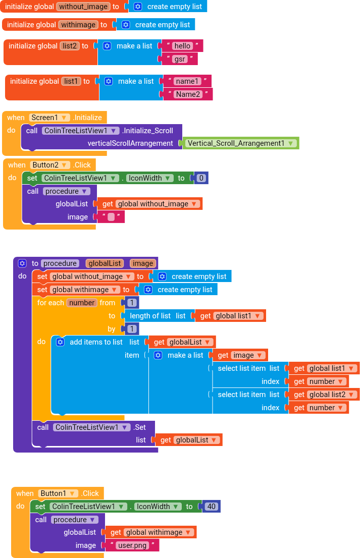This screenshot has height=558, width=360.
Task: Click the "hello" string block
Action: click(x=182, y=46)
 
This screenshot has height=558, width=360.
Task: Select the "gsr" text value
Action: click(x=179, y=59)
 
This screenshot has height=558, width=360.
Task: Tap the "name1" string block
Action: click(x=187, y=81)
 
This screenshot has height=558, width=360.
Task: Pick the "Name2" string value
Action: click(x=188, y=94)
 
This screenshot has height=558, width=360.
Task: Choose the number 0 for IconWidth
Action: click(x=201, y=178)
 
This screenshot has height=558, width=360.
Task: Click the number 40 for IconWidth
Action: click(x=211, y=507)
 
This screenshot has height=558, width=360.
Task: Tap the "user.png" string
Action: click(x=132, y=545)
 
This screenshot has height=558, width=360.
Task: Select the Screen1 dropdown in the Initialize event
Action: click(x=49, y=118)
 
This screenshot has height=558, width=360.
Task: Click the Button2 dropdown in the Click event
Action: click(x=50, y=165)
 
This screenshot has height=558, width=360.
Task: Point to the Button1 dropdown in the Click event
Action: click(x=58, y=493)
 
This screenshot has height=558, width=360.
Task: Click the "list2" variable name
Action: click(x=70, y=46)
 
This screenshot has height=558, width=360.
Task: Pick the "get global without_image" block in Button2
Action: click(x=149, y=204)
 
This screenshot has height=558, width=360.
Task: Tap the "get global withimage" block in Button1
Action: click(x=150, y=532)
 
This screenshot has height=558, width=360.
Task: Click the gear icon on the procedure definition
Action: click(x=22, y=263)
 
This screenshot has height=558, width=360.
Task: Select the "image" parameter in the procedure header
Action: click(x=143, y=263)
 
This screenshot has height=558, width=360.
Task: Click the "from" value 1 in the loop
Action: click(x=132, y=303)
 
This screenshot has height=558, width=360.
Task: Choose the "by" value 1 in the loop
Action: click(x=132, y=329)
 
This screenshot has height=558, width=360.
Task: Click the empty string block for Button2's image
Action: click(x=111, y=217)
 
